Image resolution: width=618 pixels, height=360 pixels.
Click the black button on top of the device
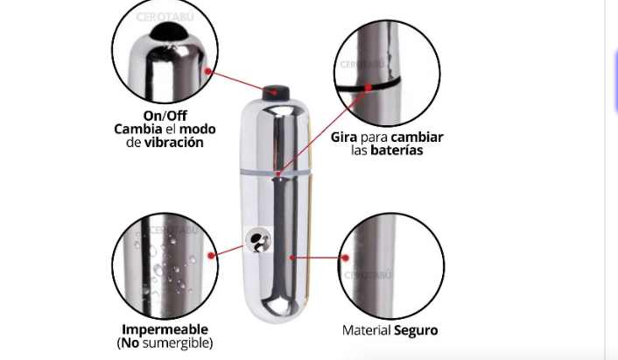click(276, 93)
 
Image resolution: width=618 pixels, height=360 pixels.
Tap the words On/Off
click(165, 116)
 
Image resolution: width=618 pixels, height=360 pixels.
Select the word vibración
click(174, 143)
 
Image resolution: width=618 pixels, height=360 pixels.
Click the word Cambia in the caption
click(138, 129)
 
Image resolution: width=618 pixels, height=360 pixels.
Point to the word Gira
click(344, 138)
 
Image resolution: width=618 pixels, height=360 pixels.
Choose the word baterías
click(397, 151)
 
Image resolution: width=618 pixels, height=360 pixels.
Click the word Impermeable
click(165, 329)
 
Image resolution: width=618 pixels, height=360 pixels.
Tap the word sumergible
click(178, 342)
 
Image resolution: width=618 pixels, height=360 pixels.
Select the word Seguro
click(416, 330)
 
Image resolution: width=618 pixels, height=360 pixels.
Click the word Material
click(366, 330)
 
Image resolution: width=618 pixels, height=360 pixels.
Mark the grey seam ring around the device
click(276, 173)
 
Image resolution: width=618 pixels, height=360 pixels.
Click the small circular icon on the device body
click(258, 240)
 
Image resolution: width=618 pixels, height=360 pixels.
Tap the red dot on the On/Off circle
click(208, 71)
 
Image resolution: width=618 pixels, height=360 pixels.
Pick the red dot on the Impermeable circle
click(211, 256)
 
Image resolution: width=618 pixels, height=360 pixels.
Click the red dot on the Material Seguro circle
click(345, 258)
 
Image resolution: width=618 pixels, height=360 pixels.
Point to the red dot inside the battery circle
click(369, 87)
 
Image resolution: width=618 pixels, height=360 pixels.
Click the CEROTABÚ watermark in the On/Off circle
click(165, 17)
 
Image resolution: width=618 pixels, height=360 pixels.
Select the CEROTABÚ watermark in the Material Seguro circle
click(368, 275)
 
